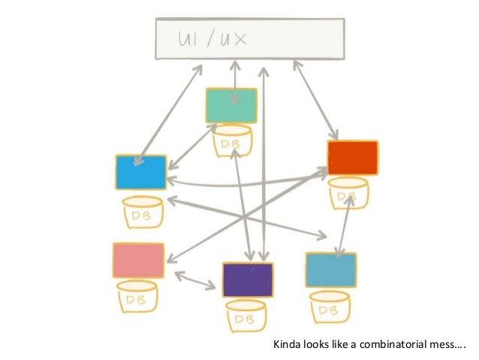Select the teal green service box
coord(232,105)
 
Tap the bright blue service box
coord(140,172)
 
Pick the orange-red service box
coord(352,158)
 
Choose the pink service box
coord(138,260)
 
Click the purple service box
coord(248,280)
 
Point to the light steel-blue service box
coord(330,269)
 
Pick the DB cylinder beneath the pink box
coord(140,298)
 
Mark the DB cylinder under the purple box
coord(246,317)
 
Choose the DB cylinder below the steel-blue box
coord(327,305)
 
